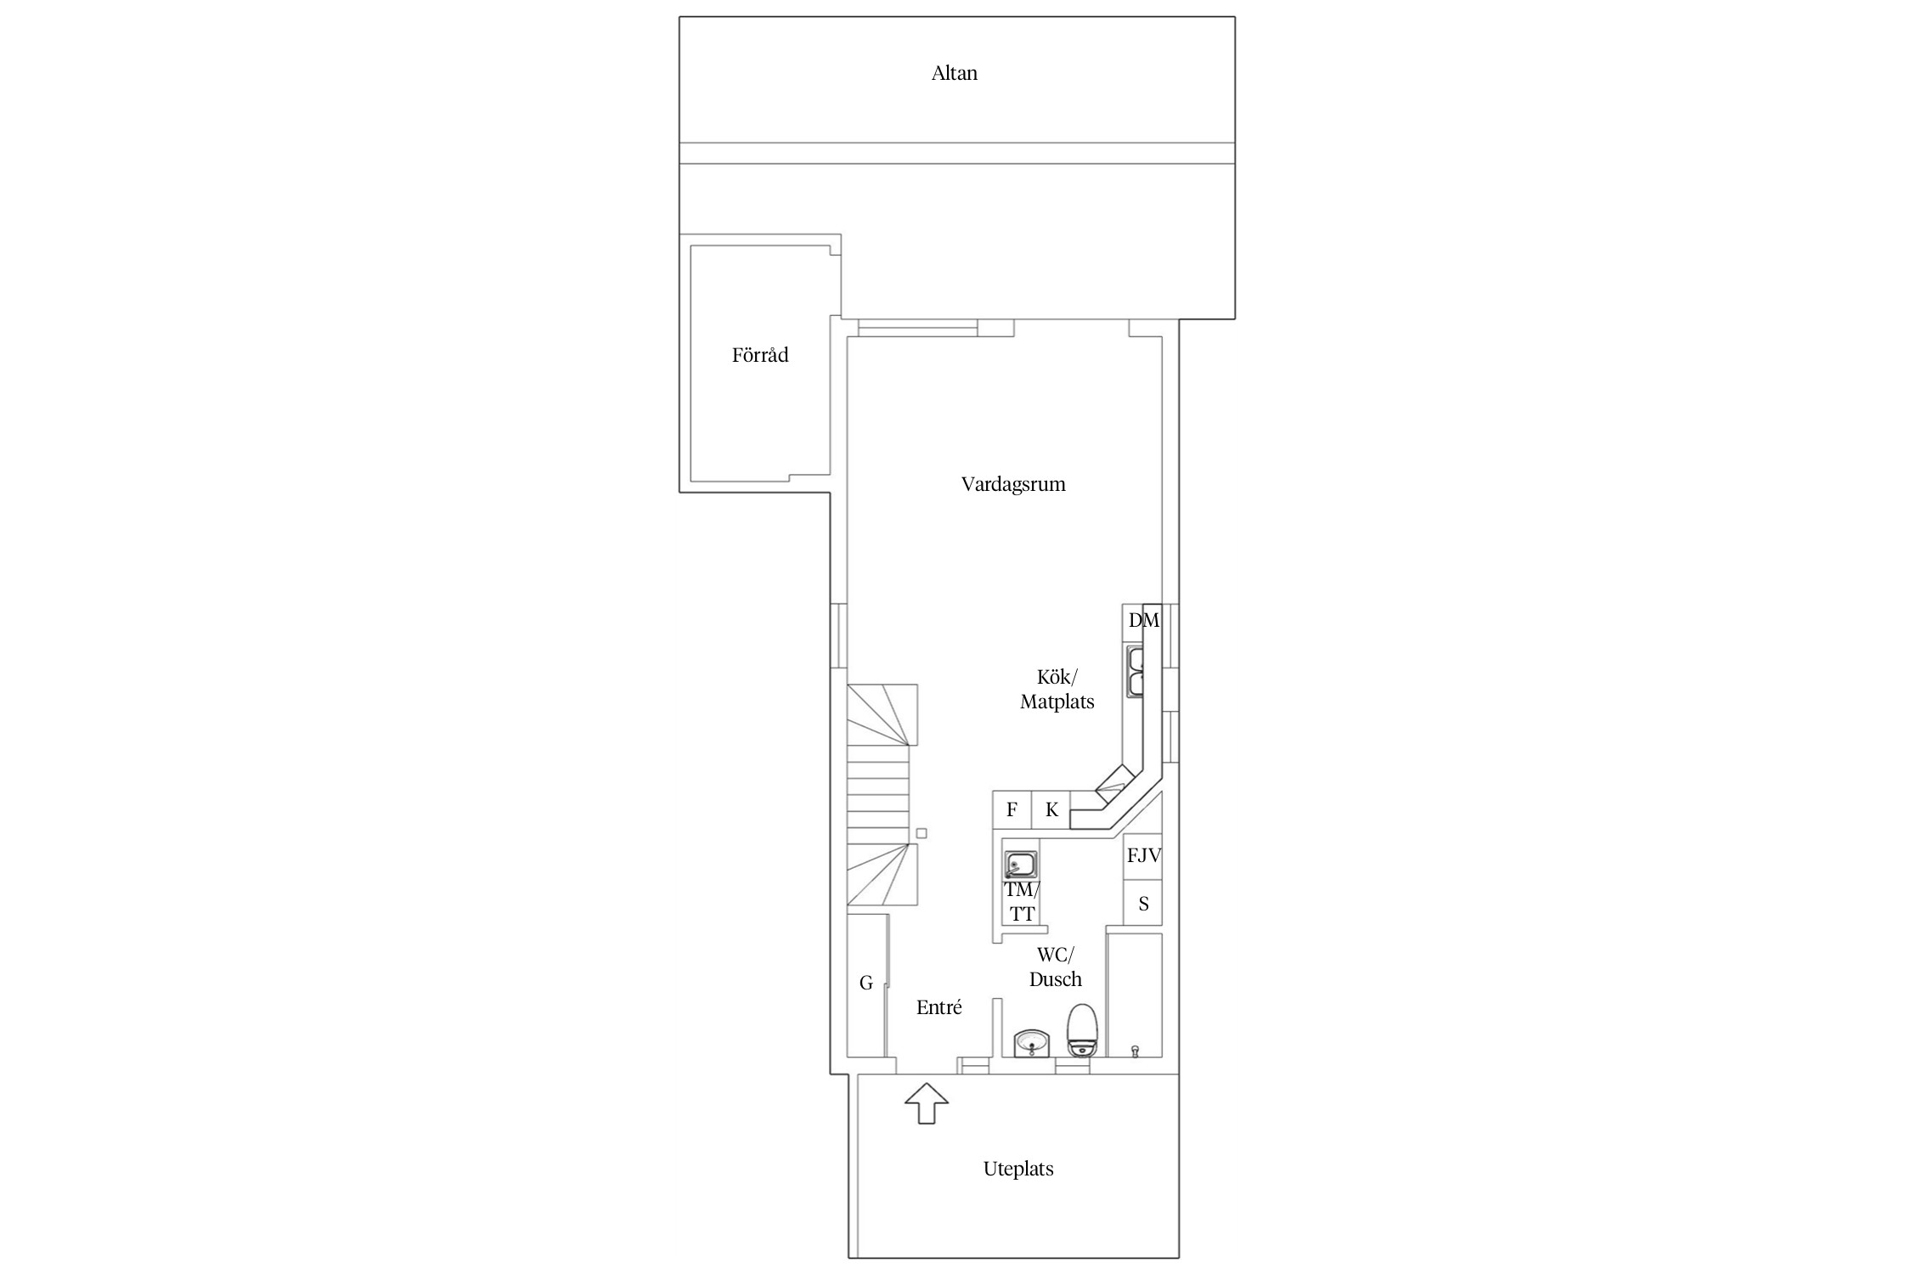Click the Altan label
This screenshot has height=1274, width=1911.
[954, 73]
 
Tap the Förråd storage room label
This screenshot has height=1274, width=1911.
[760, 355]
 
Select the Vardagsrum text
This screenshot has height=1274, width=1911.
[1013, 485]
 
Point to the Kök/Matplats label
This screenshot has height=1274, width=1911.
[1057, 690]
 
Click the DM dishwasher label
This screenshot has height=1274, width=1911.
[1143, 621]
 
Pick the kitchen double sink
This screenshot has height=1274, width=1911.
[1136, 671]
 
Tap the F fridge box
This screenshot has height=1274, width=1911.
[1012, 810]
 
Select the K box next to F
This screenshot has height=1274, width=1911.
[1051, 810]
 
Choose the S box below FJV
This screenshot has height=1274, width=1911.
[1143, 904]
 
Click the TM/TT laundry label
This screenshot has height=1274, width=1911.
[1022, 902]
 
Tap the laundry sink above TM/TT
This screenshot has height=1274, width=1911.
[1021, 865]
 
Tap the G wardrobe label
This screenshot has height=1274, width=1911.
[866, 984]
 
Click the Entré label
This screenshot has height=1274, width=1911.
[939, 1008]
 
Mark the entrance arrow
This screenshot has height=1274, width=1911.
[927, 1103]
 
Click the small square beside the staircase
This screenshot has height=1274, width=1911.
[922, 833]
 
